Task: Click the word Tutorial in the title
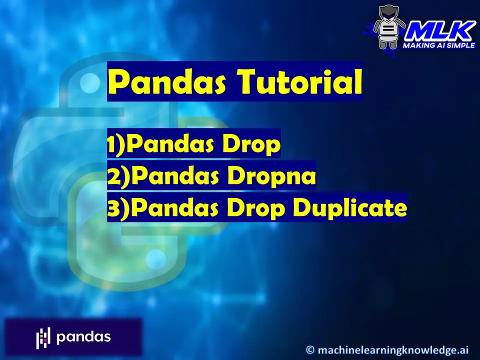pos(300,81)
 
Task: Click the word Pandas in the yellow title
pos(167,81)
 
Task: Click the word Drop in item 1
pos(251,144)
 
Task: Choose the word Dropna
pos(271,176)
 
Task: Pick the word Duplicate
pos(350,208)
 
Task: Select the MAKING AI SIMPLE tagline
pos(438,45)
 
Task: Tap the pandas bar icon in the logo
pos(43,337)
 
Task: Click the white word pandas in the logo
pos(83,337)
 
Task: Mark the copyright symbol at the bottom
pos(310,349)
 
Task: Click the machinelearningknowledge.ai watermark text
pos(393,350)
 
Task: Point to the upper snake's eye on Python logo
pos(89,83)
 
